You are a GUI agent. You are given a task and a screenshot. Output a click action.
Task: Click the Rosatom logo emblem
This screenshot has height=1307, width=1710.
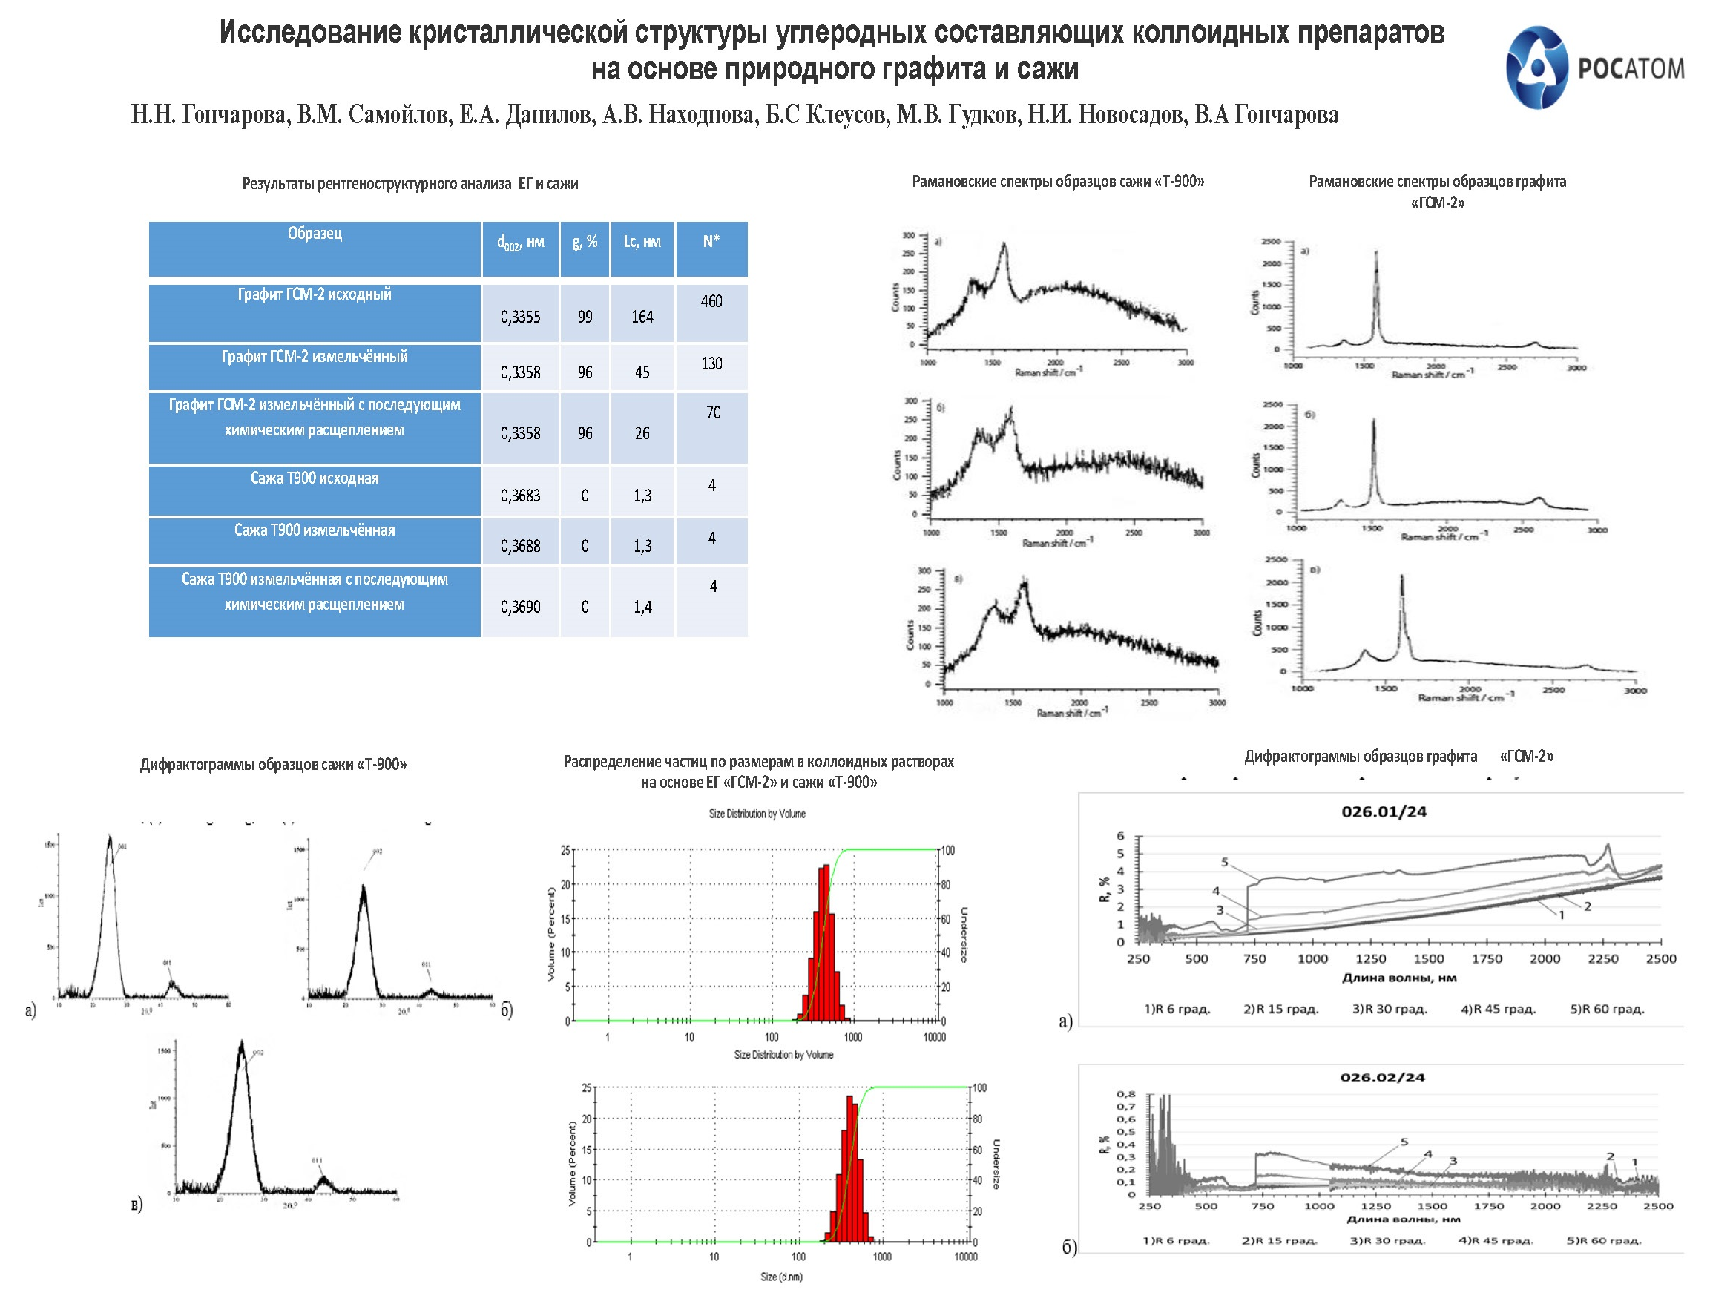click(1536, 68)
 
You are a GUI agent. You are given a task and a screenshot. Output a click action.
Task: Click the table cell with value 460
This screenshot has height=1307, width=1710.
click(711, 302)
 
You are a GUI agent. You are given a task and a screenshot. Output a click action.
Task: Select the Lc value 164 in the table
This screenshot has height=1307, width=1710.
click(642, 317)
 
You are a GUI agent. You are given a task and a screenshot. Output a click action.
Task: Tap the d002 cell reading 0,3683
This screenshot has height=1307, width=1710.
click(520, 496)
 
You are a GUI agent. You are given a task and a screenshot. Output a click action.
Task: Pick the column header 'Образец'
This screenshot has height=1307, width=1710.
click(315, 234)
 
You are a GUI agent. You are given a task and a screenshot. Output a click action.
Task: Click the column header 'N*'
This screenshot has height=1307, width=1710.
click(711, 242)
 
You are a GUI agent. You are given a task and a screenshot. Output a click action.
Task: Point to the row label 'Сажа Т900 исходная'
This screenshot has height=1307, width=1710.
click(315, 478)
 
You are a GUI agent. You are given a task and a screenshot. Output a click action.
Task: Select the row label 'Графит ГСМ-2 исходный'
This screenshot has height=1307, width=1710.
click(315, 294)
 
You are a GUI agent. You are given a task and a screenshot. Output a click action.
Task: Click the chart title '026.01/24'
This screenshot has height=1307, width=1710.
click(1384, 812)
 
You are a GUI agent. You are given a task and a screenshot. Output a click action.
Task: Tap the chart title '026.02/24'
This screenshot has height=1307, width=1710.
click(1381, 1078)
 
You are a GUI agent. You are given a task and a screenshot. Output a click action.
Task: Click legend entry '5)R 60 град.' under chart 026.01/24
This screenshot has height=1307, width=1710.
click(1607, 1009)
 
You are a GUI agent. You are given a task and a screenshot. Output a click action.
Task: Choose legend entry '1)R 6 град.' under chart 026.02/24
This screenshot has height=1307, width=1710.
click(1176, 1241)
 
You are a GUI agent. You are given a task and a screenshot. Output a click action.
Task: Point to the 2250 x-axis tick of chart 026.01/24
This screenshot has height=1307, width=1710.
click(1602, 959)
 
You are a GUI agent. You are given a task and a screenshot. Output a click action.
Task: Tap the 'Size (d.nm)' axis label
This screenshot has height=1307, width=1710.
click(781, 1277)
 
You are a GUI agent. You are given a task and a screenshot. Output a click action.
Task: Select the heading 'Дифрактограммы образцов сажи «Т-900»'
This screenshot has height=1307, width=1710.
click(273, 765)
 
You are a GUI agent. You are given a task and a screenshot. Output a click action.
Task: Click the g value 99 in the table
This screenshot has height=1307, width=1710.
click(585, 317)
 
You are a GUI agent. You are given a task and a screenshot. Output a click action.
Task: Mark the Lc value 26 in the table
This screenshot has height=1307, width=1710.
click(642, 434)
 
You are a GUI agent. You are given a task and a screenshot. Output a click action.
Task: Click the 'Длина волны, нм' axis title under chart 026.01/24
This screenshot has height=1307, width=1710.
click(1399, 978)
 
